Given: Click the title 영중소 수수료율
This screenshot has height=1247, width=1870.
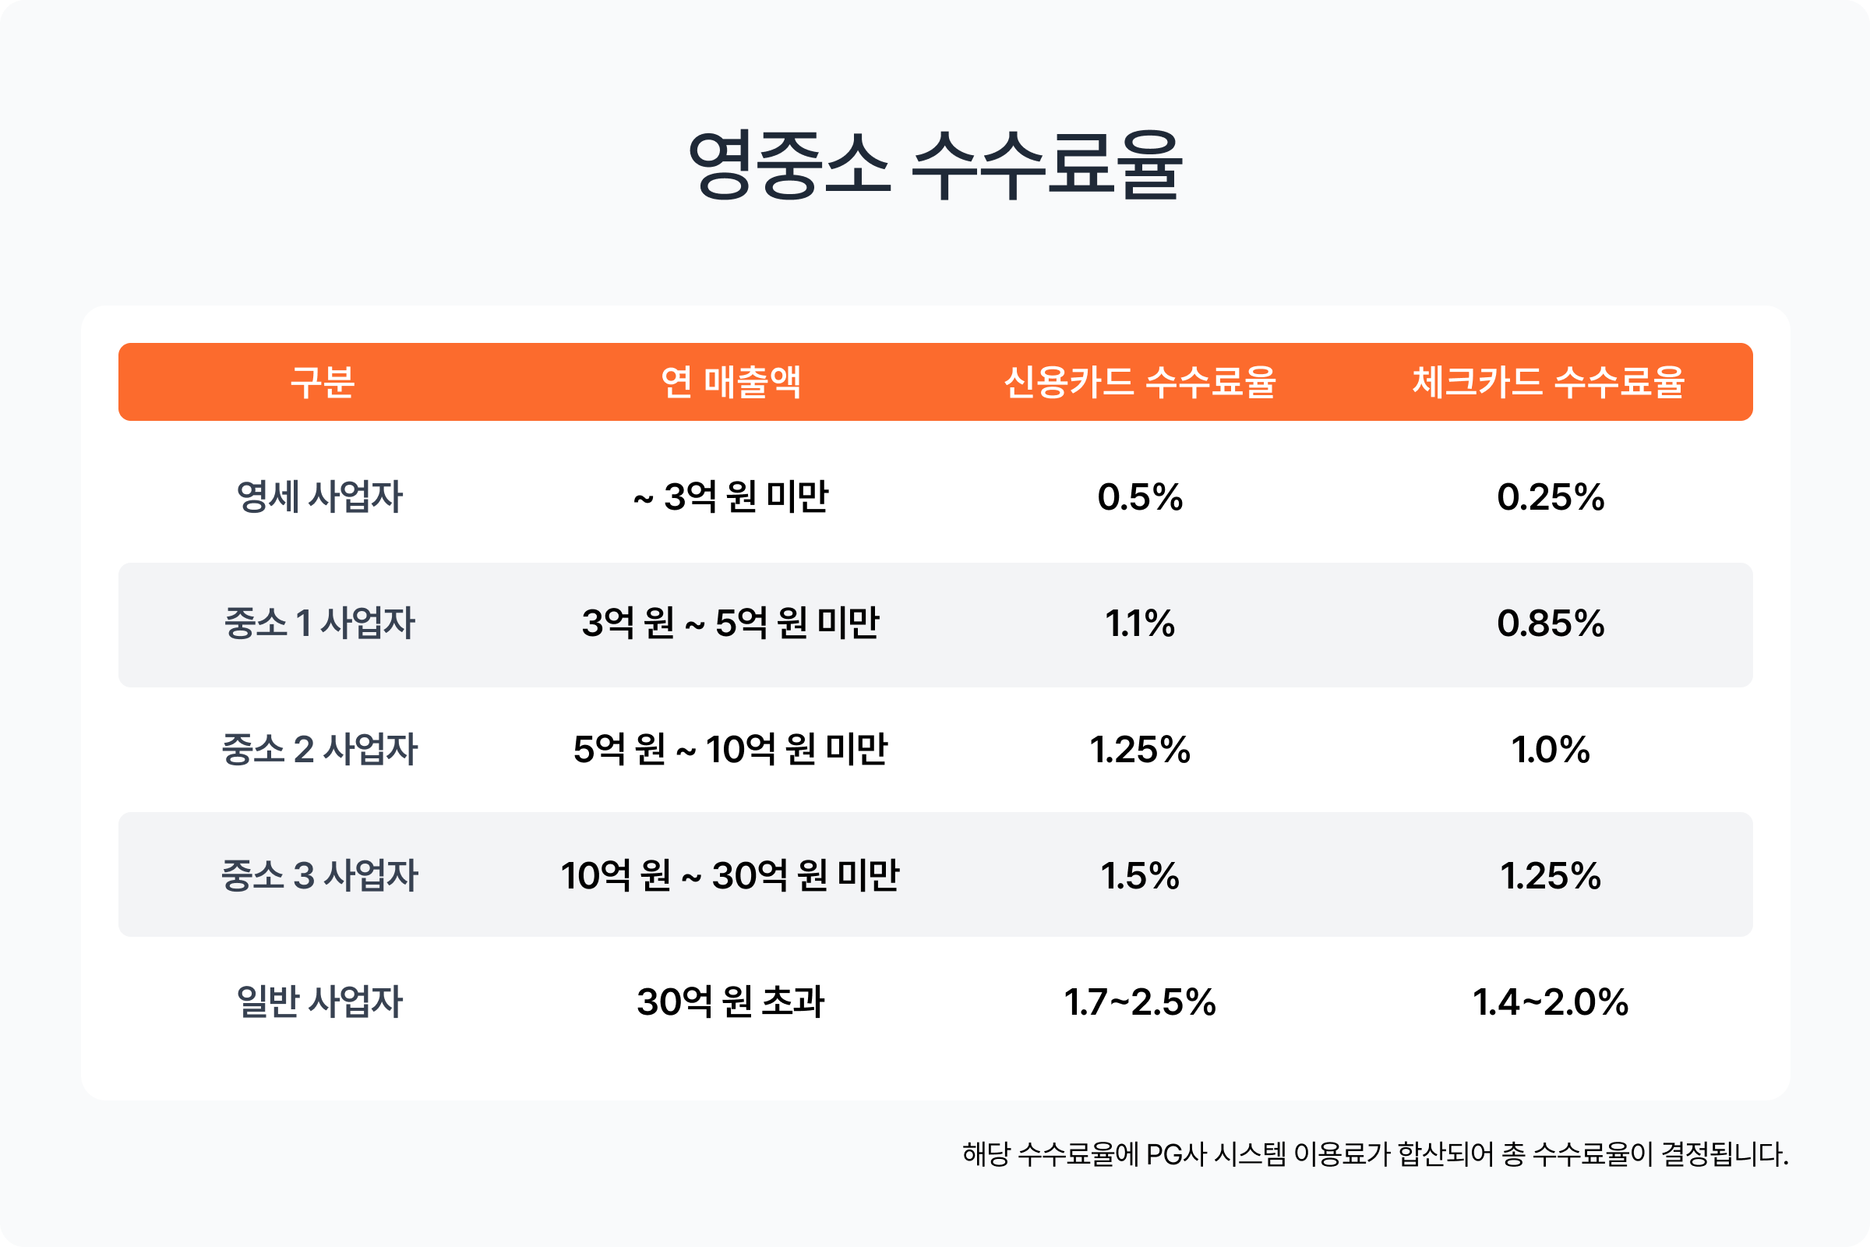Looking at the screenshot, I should click(x=935, y=165).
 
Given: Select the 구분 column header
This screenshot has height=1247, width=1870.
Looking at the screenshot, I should click(x=322, y=383).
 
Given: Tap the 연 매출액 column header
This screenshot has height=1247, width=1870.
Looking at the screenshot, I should click(x=731, y=383).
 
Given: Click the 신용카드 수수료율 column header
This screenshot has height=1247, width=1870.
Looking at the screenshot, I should click(x=1139, y=383).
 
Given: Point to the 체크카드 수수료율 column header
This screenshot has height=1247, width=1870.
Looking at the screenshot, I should click(x=1548, y=383).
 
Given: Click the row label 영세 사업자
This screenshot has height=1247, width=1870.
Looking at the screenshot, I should click(x=319, y=497).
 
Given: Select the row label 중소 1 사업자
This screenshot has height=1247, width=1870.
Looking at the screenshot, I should click(x=319, y=623).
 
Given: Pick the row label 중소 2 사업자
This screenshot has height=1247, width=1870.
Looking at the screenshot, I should click(x=319, y=749).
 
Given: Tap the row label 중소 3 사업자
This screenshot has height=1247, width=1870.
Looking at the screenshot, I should click(x=319, y=875).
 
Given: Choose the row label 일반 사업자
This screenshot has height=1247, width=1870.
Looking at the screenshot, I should click(x=319, y=1001).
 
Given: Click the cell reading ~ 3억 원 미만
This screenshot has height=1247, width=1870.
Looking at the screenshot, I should click(x=731, y=497).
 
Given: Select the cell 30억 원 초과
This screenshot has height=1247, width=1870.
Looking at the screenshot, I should click(x=731, y=1001).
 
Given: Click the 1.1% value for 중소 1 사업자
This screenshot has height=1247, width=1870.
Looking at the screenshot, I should click(x=1139, y=623).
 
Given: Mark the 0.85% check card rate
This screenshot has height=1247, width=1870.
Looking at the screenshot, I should click(x=1551, y=623).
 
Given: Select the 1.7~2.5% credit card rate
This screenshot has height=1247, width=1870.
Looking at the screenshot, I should click(x=1139, y=1002).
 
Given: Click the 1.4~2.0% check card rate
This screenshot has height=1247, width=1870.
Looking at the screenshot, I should click(x=1551, y=1002).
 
